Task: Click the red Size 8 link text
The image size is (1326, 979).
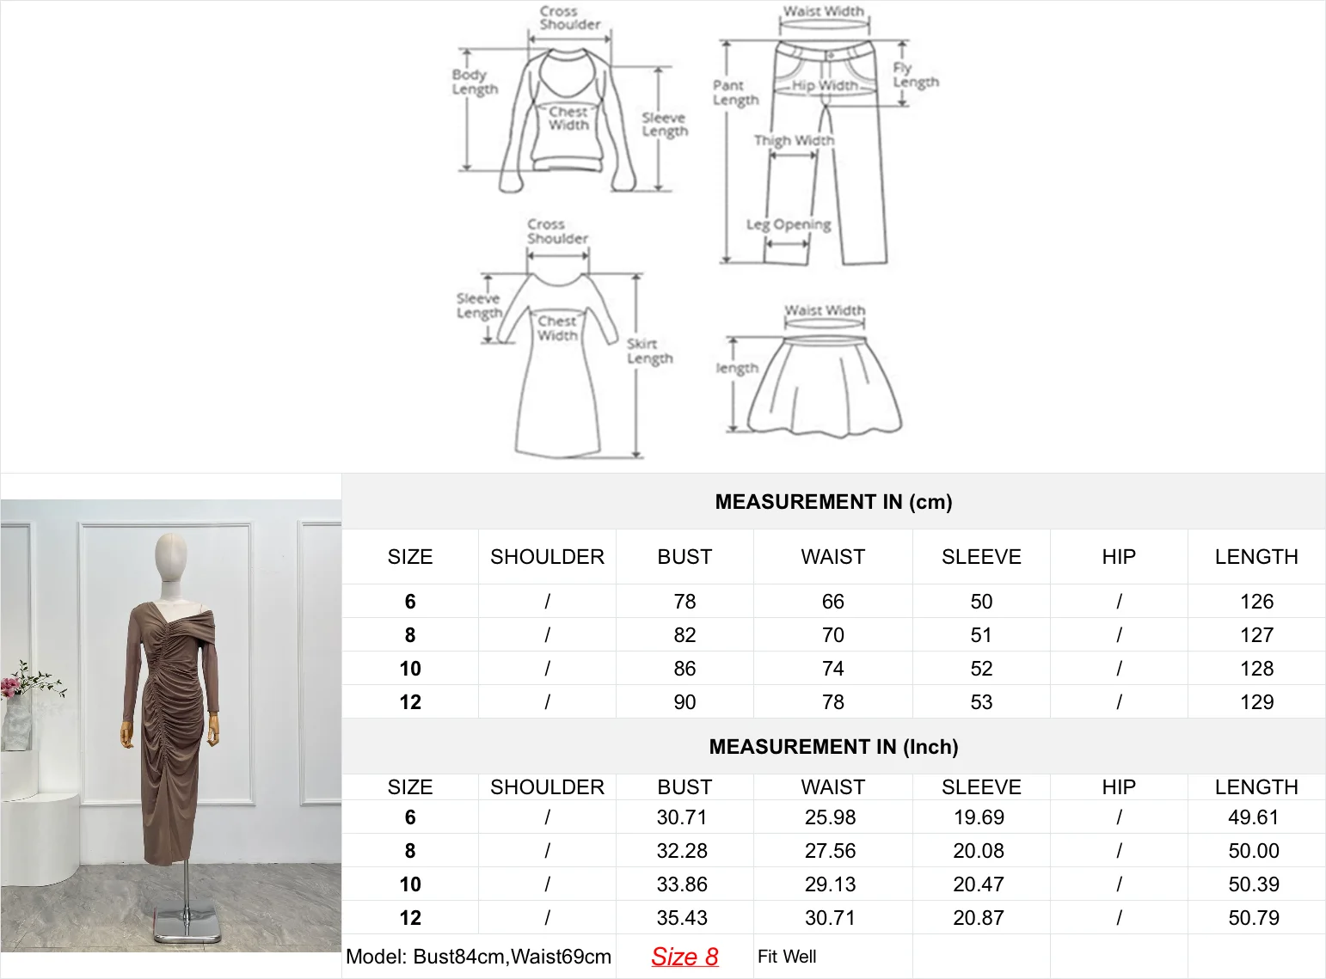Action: click(x=684, y=957)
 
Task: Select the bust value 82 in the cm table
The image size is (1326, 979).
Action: click(x=684, y=635)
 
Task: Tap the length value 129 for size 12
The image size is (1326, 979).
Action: click(x=1256, y=702)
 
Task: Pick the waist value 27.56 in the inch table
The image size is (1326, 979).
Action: click(x=831, y=851)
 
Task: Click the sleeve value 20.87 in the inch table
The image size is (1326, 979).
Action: click(x=979, y=918)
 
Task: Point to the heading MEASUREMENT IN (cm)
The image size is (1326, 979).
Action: click(x=833, y=502)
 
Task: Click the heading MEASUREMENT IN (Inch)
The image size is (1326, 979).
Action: click(x=833, y=747)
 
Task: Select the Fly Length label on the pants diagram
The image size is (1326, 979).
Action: click(x=915, y=76)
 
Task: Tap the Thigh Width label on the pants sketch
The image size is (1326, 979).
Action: click(x=794, y=140)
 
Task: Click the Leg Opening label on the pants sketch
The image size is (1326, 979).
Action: click(x=789, y=224)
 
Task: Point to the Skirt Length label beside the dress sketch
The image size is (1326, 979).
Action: click(x=649, y=351)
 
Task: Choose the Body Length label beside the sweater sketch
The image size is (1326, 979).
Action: click(x=475, y=82)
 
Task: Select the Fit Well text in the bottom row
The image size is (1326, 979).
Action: click(x=787, y=957)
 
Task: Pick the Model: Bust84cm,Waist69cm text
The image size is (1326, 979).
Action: click(x=478, y=957)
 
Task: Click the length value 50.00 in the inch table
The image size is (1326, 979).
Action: click(x=1254, y=851)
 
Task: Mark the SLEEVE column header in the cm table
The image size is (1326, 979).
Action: click(x=981, y=557)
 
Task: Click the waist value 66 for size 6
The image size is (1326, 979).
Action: click(x=832, y=602)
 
